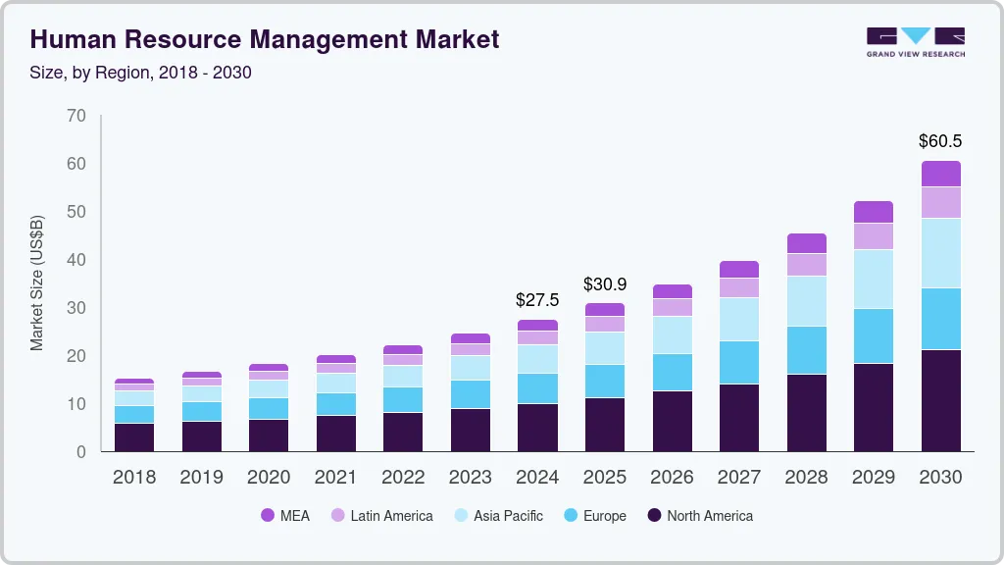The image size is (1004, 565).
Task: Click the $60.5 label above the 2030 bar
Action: pyautogui.click(x=940, y=141)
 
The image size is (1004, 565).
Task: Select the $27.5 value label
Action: pyautogui.click(x=537, y=299)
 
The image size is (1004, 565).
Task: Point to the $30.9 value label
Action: pyautogui.click(x=604, y=284)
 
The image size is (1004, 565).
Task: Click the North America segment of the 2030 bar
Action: pyautogui.click(x=940, y=400)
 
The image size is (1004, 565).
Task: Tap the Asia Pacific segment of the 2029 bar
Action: pyautogui.click(x=874, y=279)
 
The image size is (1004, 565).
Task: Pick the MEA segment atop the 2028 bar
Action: pyautogui.click(x=807, y=243)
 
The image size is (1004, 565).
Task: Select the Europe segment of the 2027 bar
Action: pyautogui.click(x=739, y=362)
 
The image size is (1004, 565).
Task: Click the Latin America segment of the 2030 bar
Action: pyautogui.click(x=940, y=202)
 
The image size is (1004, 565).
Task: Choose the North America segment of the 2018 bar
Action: pyautogui.click(x=134, y=437)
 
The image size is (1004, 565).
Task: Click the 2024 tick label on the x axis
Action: pyautogui.click(x=537, y=478)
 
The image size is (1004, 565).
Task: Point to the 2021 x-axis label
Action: pyautogui.click(x=336, y=478)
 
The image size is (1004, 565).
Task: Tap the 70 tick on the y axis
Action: pyautogui.click(x=75, y=116)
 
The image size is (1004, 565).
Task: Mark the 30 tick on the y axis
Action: pyautogui.click(x=75, y=308)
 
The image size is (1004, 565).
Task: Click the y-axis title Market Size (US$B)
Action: pyautogui.click(x=37, y=283)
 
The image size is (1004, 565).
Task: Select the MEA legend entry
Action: pyautogui.click(x=285, y=516)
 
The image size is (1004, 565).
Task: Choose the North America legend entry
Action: pyautogui.click(x=699, y=516)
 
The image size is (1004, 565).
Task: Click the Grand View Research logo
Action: pyautogui.click(x=915, y=42)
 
